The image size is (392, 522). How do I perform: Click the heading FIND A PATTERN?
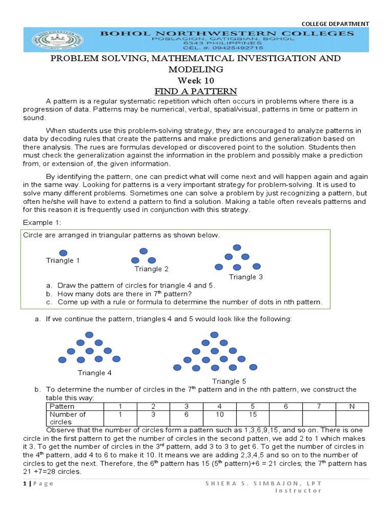196,92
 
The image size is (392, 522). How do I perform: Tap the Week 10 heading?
196,81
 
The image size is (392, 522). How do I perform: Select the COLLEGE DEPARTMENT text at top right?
335,23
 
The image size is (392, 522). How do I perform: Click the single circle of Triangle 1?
63,252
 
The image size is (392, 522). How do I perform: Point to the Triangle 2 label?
152,269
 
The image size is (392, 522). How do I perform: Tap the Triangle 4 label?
95,373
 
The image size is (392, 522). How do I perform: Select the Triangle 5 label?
229,381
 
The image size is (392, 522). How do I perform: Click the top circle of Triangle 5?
214,334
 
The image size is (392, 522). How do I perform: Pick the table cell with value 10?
219,414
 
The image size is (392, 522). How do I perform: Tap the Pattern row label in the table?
62,406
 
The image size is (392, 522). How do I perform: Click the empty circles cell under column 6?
286,417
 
